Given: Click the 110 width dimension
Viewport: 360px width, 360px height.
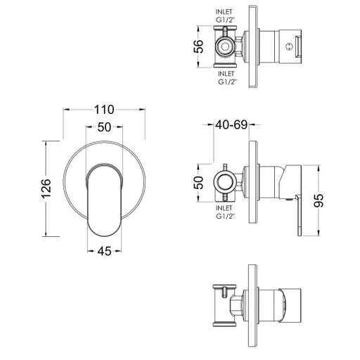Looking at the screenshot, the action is tap(104, 110).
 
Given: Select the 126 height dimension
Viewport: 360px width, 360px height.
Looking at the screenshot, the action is tap(46, 188).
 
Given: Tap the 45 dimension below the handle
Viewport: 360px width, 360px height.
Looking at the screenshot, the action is tap(104, 252).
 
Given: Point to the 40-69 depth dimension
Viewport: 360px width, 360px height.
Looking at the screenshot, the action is tap(231, 124).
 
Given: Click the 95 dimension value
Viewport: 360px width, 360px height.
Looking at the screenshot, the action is tap(319, 200).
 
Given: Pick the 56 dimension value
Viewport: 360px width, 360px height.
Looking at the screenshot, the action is tap(199, 46).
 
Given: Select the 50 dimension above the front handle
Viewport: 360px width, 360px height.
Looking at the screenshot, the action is tap(104, 127).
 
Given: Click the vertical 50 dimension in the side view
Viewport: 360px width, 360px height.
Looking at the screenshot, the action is tap(199, 183).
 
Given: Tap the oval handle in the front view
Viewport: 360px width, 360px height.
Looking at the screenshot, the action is tap(104, 199).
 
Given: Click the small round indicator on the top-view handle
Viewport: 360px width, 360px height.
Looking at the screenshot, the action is tap(290, 46).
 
